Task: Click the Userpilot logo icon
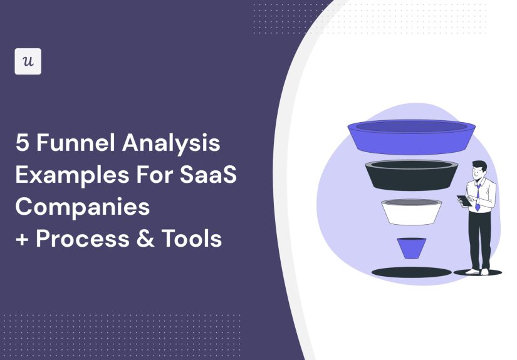[x=28, y=61]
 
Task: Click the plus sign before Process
[x=23, y=239]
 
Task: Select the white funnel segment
[x=411, y=212]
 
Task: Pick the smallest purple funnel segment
[x=411, y=247]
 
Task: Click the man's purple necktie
[x=477, y=196]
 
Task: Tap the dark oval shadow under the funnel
[x=411, y=272]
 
